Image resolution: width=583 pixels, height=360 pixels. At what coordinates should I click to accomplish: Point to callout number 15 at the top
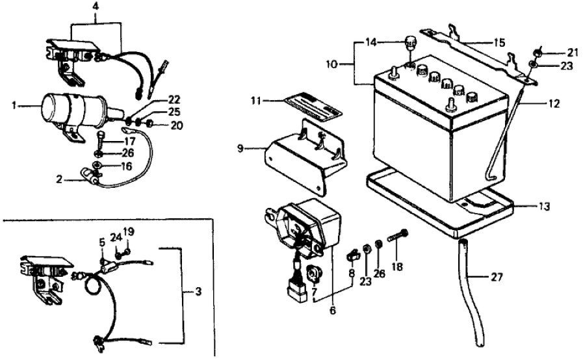(x=499, y=42)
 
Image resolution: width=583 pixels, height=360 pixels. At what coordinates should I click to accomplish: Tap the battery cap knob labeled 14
(x=409, y=44)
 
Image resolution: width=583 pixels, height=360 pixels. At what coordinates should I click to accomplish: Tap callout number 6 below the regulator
(x=333, y=311)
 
